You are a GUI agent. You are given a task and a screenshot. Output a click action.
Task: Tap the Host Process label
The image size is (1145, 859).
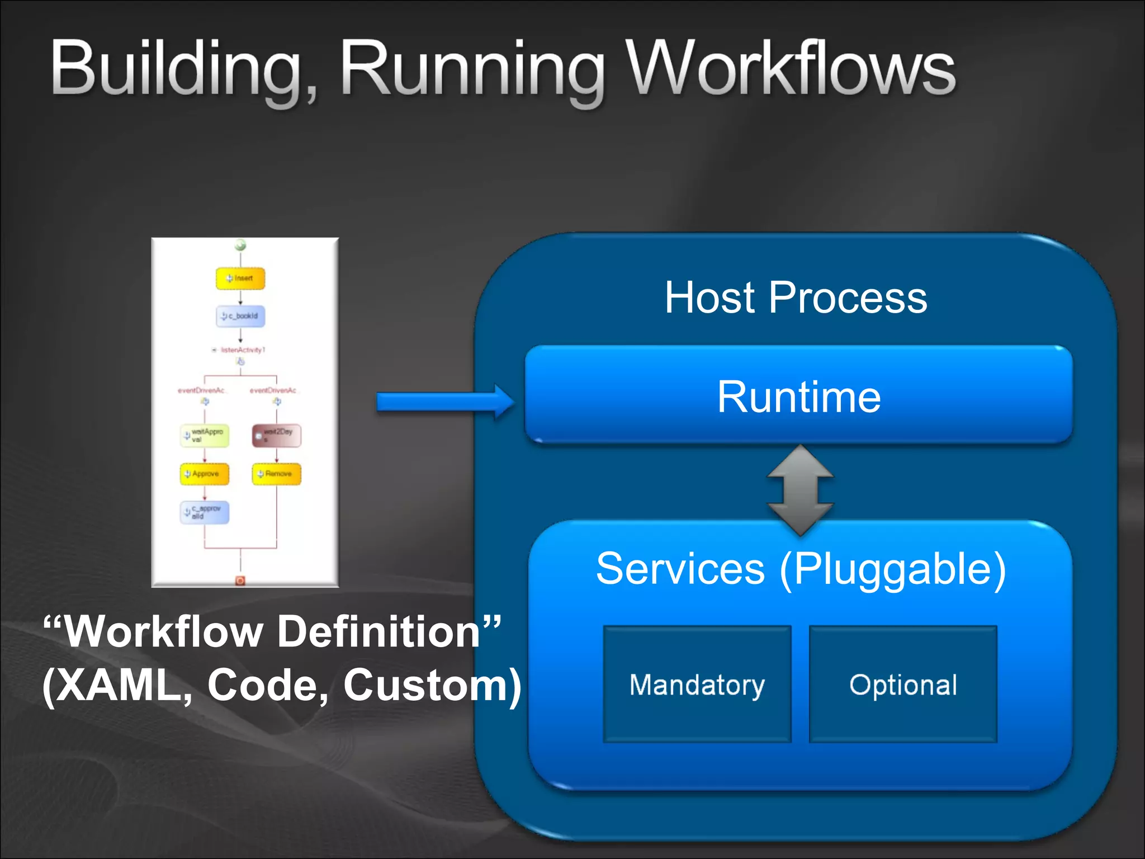pos(796,298)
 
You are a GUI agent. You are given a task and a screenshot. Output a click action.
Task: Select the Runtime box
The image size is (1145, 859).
pos(798,396)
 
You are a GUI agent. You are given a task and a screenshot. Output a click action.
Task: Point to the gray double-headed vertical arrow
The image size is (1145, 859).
pos(800,490)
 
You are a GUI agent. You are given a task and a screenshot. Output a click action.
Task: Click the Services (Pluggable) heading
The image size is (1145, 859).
pos(801,569)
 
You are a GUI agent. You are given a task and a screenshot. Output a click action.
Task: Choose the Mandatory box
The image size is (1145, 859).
pos(697,685)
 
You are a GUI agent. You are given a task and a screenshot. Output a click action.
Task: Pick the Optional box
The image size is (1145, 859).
pos(903,685)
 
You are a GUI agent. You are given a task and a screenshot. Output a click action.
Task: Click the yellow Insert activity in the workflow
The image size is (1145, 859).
pos(240,279)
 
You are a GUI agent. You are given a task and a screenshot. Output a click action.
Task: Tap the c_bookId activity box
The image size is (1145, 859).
pos(240,316)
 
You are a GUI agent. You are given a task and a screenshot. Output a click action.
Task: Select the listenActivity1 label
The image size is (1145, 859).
pos(242,350)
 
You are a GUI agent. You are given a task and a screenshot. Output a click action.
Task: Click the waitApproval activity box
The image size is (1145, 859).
pos(205,436)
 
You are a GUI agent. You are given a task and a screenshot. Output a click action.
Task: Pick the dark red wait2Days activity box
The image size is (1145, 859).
pos(277,435)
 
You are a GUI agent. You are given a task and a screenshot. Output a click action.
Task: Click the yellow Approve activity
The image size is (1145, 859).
pos(205,474)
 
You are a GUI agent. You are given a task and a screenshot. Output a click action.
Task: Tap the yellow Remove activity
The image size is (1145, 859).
pos(277,474)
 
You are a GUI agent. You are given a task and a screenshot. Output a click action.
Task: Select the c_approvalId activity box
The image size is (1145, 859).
pos(205,512)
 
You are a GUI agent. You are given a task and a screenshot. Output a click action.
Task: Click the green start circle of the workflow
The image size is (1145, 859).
pos(240,245)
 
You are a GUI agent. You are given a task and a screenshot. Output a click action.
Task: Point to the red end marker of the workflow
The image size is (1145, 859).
pos(240,580)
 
